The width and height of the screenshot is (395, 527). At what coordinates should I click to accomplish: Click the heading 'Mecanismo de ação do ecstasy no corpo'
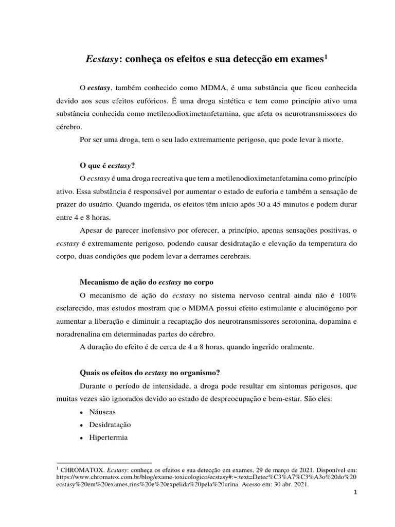point(146,283)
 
